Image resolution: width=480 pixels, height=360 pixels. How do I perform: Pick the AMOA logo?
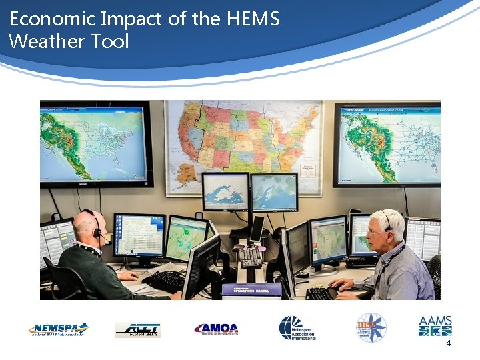[216, 329]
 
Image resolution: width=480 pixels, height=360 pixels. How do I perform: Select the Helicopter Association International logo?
[297, 328]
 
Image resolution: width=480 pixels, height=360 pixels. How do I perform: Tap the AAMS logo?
[435, 326]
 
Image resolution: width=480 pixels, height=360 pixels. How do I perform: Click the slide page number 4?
[449, 343]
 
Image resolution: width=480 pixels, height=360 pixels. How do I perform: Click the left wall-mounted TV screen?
[95, 143]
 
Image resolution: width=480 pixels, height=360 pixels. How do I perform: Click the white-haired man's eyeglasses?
[377, 232]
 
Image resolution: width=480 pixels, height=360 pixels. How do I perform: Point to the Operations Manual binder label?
[251, 289]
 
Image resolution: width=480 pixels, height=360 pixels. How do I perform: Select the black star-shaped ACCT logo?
[138, 329]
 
